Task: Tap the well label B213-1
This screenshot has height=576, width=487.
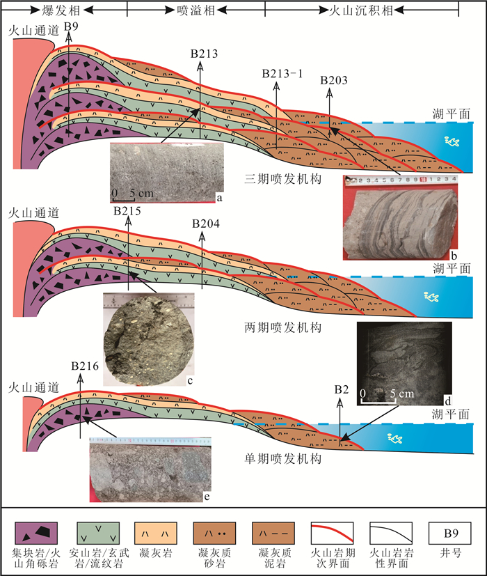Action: click(282, 73)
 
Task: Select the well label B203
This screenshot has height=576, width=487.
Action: click(334, 81)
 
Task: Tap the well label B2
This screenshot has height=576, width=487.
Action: click(341, 389)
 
